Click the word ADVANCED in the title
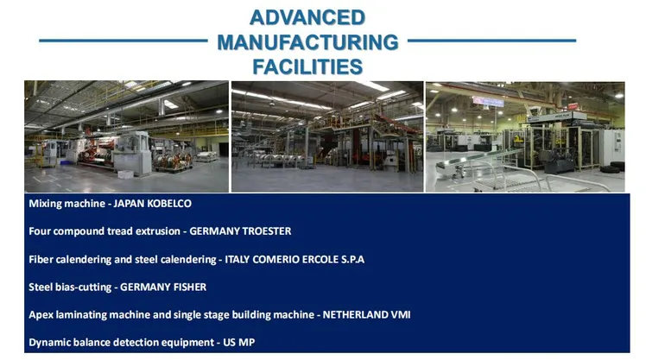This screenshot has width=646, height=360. click(307, 17)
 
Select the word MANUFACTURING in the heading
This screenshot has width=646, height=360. click(307, 42)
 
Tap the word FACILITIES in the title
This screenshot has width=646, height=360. click(307, 66)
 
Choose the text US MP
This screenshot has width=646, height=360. click(239, 342)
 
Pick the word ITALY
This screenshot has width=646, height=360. click(237, 260)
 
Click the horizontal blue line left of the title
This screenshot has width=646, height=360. click(123, 41)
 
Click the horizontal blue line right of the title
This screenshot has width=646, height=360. click(492, 41)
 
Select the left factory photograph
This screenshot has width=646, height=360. click(126, 136)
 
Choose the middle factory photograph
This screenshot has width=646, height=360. click(327, 136)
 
